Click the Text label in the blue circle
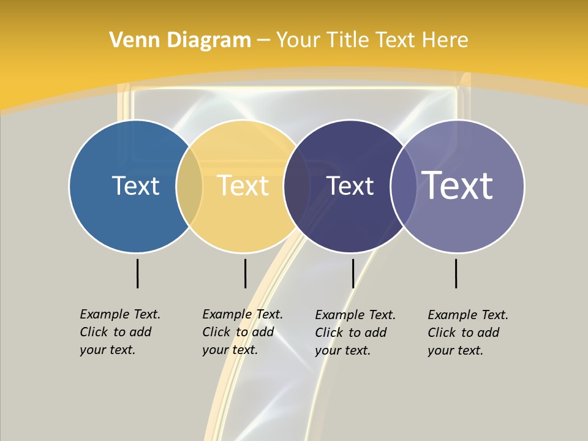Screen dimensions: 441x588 pyautogui.click(x=135, y=186)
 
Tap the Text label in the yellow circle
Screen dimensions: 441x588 pyautogui.click(x=243, y=186)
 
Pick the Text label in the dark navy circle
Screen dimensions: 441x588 pyautogui.click(x=350, y=186)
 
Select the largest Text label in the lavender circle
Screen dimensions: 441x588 pyautogui.click(x=458, y=186)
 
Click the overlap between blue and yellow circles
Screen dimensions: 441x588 pyautogui.click(x=189, y=186)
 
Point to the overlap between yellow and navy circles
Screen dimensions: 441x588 pyautogui.click(x=296, y=186)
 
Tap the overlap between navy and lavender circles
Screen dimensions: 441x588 pyautogui.click(x=403, y=186)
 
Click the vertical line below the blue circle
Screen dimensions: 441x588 pyautogui.click(x=138, y=273)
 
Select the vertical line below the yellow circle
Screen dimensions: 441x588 pyautogui.click(x=245, y=273)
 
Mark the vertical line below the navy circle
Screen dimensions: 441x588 pyautogui.click(x=353, y=273)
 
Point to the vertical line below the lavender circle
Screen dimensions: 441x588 pyautogui.click(x=456, y=273)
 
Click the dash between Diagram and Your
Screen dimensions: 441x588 pyautogui.click(x=263, y=40)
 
